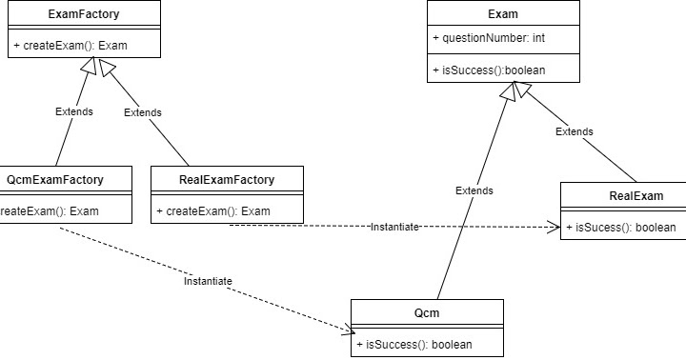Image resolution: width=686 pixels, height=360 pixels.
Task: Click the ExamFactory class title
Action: tap(84, 14)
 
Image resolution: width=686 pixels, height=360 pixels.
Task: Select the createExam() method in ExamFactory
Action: tap(70, 45)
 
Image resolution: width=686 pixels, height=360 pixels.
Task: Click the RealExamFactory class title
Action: tap(227, 179)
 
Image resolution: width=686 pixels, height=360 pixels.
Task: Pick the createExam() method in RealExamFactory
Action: tap(213, 210)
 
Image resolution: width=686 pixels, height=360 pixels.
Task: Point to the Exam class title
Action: tap(502, 14)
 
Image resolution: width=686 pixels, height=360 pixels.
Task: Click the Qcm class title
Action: tap(427, 313)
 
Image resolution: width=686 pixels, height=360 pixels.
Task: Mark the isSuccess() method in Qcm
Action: tap(414, 344)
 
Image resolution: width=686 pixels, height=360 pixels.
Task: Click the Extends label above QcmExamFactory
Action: tap(73, 111)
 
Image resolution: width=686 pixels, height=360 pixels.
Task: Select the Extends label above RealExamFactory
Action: tap(143, 111)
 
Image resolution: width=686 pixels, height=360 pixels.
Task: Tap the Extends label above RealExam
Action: tap(574, 130)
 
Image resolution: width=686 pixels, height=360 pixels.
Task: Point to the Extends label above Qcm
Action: tap(474, 190)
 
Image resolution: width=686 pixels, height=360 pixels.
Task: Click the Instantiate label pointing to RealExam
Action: tap(393, 227)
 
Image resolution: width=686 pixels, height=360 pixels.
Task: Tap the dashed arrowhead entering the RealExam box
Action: tap(555, 228)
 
